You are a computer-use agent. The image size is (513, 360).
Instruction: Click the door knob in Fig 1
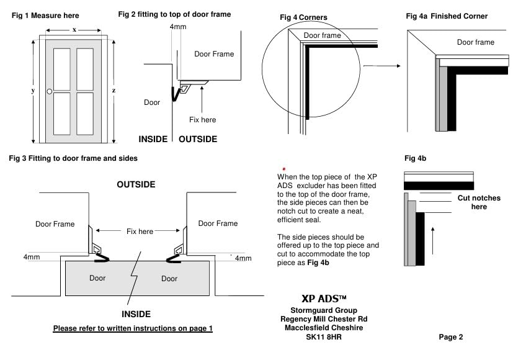pyautogui.click(x=49, y=92)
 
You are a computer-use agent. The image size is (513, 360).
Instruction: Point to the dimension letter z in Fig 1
pyautogui.click(x=114, y=91)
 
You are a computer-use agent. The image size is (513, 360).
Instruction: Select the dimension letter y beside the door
pyautogui.click(x=32, y=91)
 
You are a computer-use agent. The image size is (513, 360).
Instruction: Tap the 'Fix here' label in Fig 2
pyautogui.click(x=203, y=119)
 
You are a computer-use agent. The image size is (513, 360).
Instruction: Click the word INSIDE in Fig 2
pyautogui.click(x=153, y=139)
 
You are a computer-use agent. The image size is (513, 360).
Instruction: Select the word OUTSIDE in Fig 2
pyautogui.click(x=198, y=139)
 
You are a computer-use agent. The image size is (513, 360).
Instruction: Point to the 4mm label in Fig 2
pyautogui.click(x=176, y=27)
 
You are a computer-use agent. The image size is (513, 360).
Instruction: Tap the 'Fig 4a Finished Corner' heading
pyautogui.click(x=447, y=16)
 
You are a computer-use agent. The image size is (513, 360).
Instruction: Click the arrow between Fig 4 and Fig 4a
pyautogui.click(x=379, y=65)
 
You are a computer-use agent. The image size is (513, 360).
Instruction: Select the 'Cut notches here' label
pyautogui.click(x=478, y=202)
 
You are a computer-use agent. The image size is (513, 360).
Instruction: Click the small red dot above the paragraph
pyautogui.click(x=284, y=168)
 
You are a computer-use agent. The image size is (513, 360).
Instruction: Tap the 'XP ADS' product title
pyautogui.click(x=318, y=298)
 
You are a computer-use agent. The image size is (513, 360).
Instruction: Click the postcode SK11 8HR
pyautogui.click(x=319, y=337)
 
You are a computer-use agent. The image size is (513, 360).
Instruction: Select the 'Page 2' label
pyautogui.click(x=450, y=337)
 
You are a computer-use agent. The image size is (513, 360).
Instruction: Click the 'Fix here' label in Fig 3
pyautogui.click(x=139, y=232)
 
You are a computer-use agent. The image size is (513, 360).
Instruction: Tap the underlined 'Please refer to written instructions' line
pyautogui.click(x=133, y=328)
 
